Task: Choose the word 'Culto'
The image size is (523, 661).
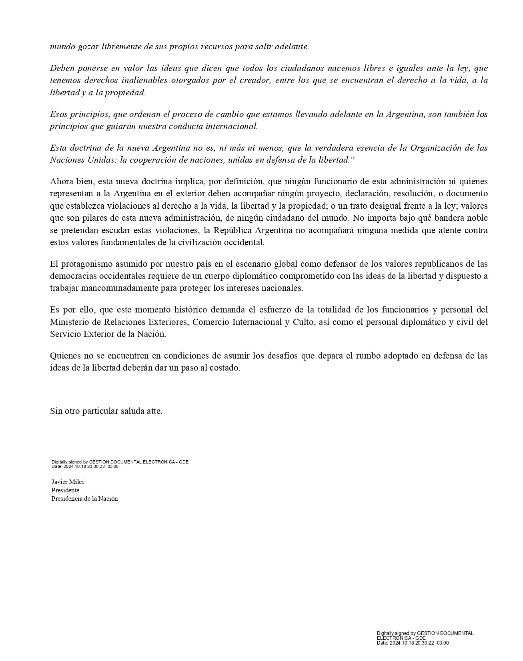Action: coord(303,322)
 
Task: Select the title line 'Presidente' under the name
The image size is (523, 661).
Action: coord(65,490)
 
